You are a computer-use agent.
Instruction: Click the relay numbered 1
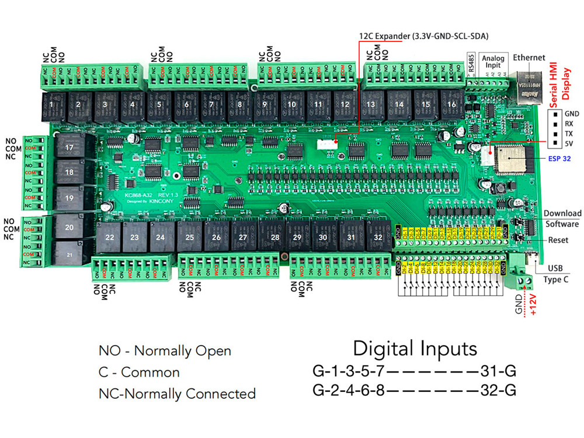(x=51, y=106)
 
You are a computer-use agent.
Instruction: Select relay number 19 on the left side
(x=69, y=198)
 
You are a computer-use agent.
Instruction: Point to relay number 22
(x=108, y=238)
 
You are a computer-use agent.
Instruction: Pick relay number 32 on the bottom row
(x=377, y=238)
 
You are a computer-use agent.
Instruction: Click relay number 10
(x=290, y=105)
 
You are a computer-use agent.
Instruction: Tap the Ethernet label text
(x=529, y=58)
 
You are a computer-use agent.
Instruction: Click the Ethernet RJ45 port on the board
(x=528, y=82)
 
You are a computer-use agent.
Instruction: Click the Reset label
(x=558, y=240)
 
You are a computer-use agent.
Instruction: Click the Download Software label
(x=562, y=218)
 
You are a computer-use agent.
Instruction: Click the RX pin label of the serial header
(x=569, y=124)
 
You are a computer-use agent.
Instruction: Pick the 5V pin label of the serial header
(x=569, y=144)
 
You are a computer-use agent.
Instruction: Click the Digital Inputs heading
(x=415, y=349)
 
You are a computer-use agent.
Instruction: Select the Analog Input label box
(x=493, y=62)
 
